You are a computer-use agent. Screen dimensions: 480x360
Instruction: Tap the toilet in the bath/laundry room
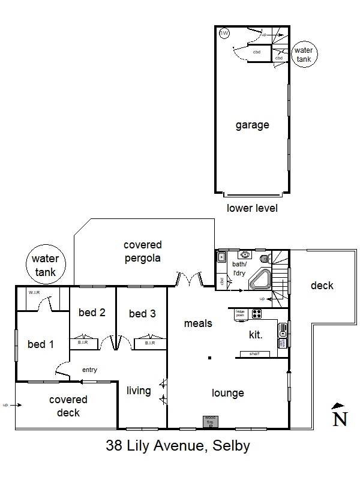(x=265, y=259)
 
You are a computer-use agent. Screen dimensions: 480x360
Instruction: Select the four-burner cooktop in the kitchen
(x=256, y=313)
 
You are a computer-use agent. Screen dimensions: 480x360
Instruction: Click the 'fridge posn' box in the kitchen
(x=239, y=313)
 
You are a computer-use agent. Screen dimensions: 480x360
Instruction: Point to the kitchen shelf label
(x=254, y=354)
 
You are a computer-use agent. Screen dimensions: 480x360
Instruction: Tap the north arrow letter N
(x=340, y=418)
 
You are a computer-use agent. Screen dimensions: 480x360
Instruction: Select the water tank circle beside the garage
(x=304, y=55)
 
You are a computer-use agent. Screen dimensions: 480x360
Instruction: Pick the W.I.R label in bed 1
(x=34, y=292)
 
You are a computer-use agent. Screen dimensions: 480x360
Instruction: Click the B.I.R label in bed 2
(x=83, y=343)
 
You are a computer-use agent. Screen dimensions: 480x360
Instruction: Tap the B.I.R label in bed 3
(x=150, y=343)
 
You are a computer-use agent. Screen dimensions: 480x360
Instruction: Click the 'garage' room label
(x=252, y=125)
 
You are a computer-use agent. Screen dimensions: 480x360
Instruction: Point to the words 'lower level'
(x=252, y=208)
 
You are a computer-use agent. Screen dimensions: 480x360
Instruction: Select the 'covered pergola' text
(x=143, y=251)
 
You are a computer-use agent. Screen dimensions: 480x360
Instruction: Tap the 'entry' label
(x=89, y=370)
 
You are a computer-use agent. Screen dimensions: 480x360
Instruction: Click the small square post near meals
(x=209, y=358)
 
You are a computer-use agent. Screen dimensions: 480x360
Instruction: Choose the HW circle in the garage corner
(x=224, y=34)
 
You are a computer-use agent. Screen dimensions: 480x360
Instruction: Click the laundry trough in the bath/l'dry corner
(x=221, y=258)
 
